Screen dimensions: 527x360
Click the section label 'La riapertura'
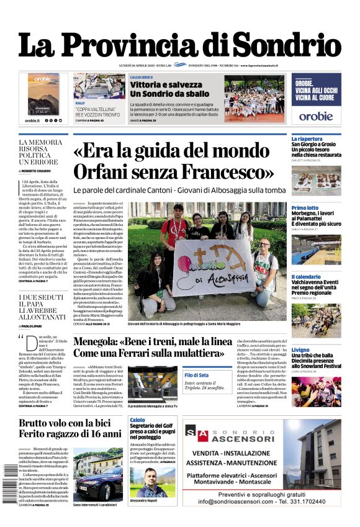[x=307, y=138]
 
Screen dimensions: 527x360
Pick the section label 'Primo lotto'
[x=305, y=208]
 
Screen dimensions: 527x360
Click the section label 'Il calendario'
[x=307, y=277]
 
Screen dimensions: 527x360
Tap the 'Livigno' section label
[x=302, y=350]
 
